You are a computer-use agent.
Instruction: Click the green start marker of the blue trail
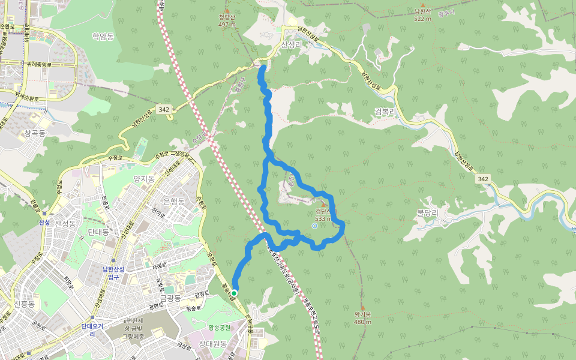[235, 293]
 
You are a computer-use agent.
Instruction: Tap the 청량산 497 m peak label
[227, 21]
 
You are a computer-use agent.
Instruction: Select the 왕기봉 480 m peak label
[362, 318]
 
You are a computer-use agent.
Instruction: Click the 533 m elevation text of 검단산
[323, 218]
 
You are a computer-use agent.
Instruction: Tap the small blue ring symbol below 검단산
[314, 226]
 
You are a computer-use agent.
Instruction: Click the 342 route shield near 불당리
[483, 179]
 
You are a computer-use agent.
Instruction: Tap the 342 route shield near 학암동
[164, 109]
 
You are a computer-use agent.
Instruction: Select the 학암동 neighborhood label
[103, 36]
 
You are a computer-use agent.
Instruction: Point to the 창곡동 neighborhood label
[35, 133]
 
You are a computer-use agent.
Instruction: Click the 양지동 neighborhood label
[144, 179]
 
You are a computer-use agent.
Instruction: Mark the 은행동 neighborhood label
[173, 201]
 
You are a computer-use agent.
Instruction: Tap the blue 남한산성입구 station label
[112, 273]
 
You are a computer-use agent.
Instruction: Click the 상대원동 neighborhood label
[212, 344]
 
